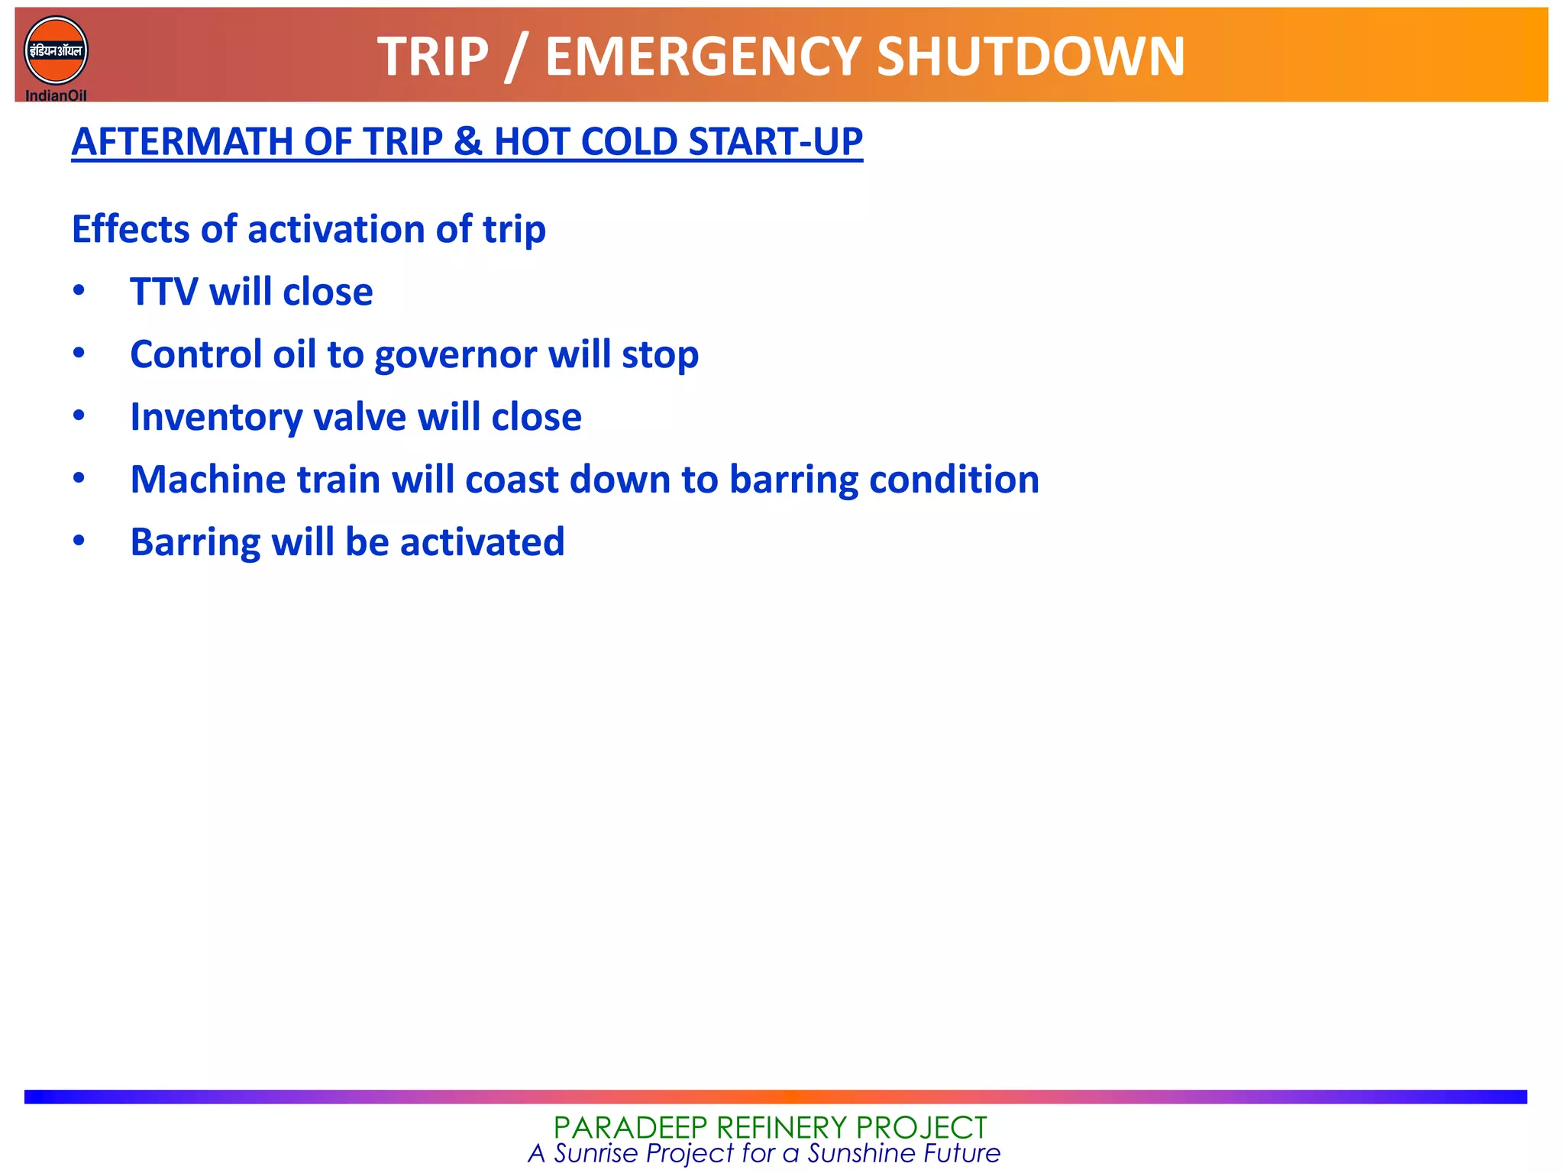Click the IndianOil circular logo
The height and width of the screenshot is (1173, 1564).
click(56, 52)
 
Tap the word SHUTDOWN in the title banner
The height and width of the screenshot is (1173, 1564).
click(1030, 57)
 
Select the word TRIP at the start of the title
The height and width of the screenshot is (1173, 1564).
click(432, 57)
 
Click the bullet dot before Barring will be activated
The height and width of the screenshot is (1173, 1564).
click(79, 541)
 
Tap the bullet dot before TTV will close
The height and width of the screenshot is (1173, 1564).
click(79, 290)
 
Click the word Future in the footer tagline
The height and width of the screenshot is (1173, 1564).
click(961, 1153)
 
